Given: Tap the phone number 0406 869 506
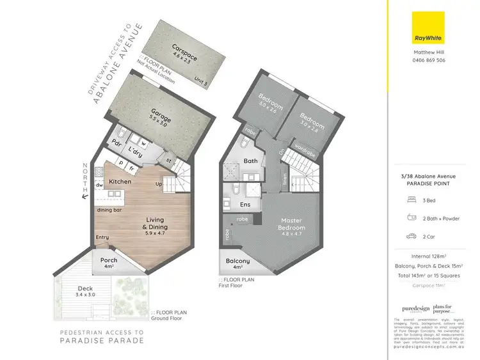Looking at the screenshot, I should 428,60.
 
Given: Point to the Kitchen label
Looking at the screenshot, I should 120,182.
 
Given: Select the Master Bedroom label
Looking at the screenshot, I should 291,224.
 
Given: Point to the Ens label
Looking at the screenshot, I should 244,205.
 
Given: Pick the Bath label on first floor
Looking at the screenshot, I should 250,161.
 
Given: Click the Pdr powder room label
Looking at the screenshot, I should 116,143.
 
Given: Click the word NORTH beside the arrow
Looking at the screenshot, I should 85,176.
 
